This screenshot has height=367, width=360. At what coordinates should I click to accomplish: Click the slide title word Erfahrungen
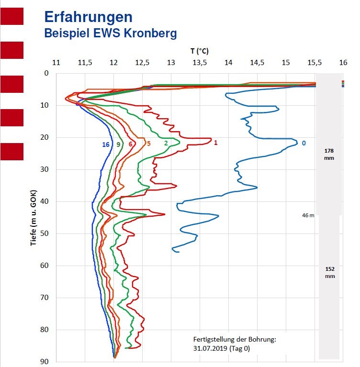click(x=88, y=17)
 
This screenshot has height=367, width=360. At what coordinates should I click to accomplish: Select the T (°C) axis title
click(x=199, y=51)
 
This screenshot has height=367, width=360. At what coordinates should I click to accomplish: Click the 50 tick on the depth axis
click(x=46, y=234)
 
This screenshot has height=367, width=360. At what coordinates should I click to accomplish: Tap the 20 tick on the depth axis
click(x=46, y=137)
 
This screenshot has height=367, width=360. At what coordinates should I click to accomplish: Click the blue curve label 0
click(x=304, y=143)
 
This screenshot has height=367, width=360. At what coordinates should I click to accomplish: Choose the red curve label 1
click(x=216, y=143)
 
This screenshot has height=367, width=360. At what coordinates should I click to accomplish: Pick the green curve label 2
click(x=166, y=143)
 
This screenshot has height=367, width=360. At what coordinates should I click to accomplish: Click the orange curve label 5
click(x=148, y=143)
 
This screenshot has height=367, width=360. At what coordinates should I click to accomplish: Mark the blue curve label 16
click(x=106, y=144)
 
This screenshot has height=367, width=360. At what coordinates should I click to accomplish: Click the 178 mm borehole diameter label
click(x=328, y=154)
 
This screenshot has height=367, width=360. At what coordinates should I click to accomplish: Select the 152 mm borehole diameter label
click(x=328, y=272)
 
